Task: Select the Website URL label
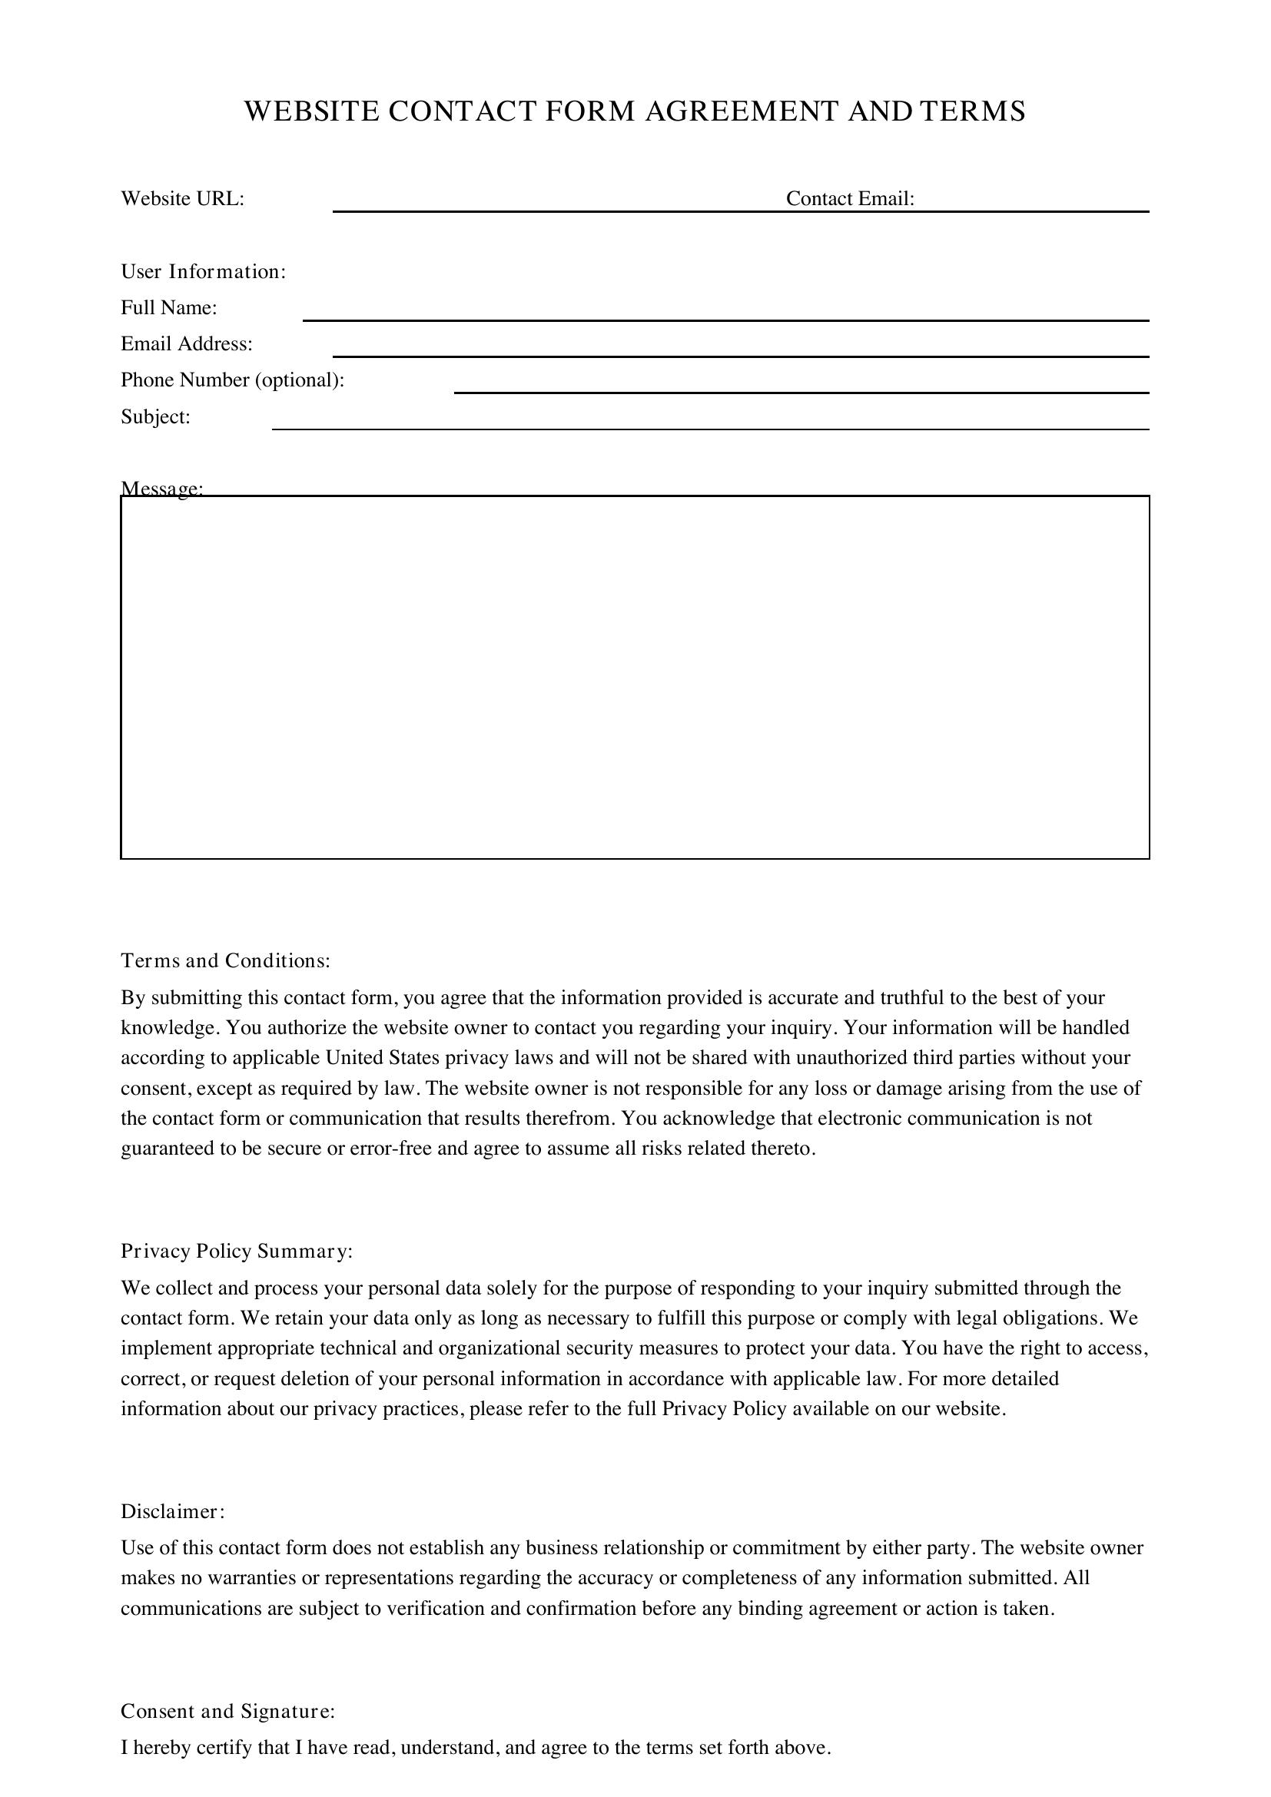[x=182, y=199]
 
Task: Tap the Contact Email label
[x=850, y=199]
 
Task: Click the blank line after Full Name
[x=725, y=313]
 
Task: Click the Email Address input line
[x=740, y=349]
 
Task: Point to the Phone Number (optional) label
[x=232, y=380]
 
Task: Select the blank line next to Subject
[x=710, y=422]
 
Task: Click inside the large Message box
[x=635, y=677]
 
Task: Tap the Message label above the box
[x=162, y=489]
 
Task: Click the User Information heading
[x=204, y=271]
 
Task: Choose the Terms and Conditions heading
[x=225, y=960]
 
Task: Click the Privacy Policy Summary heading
[x=237, y=1251]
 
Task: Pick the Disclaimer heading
[x=173, y=1511]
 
